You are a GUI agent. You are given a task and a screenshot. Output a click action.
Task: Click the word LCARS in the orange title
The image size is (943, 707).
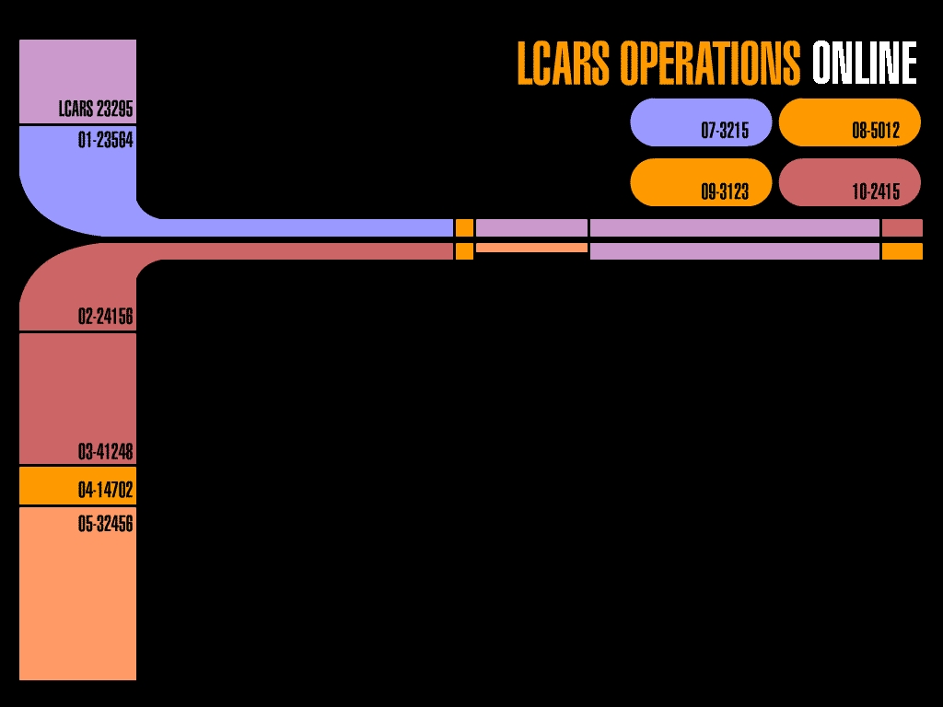click(x=565, y=64)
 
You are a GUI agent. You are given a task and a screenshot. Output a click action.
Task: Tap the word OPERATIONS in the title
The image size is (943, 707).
click(x=710, y=64)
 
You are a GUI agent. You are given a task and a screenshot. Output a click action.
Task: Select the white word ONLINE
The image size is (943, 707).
click(x=864, y=64)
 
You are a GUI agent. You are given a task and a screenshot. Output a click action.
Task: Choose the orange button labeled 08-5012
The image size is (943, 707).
click(x=849, y=123)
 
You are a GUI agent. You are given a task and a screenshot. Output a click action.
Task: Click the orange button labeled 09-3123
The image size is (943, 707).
click(x=701, y=182)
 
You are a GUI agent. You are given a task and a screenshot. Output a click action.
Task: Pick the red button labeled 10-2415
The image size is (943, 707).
click(x=849, y=182)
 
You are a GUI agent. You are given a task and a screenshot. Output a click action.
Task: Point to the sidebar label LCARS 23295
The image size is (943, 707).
click(x=96, y=110)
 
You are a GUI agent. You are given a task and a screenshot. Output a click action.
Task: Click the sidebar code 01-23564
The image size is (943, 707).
click(x=106, y=141)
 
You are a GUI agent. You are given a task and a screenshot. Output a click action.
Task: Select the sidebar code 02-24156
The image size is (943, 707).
click(x=106, y=317)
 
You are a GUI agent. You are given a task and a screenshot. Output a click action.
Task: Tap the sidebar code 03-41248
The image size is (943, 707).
click(x=106, y=452)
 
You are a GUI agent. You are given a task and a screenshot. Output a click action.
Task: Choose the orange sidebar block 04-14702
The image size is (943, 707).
click(x=77, y=486)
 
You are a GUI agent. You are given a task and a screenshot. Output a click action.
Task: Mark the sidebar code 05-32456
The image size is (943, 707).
click(x=106, y=524)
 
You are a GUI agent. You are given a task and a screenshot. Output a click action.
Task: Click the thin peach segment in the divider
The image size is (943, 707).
click(x=531, y=248)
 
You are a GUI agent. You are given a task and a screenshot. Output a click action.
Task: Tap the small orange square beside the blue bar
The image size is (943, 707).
click(x=464, y=227)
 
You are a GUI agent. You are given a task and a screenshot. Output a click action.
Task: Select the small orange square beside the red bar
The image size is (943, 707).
click(x=464, y=251)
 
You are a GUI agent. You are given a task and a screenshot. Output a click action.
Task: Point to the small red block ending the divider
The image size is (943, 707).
click(x=902, y=227)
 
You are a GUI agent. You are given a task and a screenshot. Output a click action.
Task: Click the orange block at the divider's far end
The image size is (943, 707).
click(x=902, y=251)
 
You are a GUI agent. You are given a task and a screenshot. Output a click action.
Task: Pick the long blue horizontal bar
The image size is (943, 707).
click(x=304, y=227)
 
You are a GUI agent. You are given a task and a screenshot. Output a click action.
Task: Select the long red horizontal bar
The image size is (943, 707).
click(x=304, y=251)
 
